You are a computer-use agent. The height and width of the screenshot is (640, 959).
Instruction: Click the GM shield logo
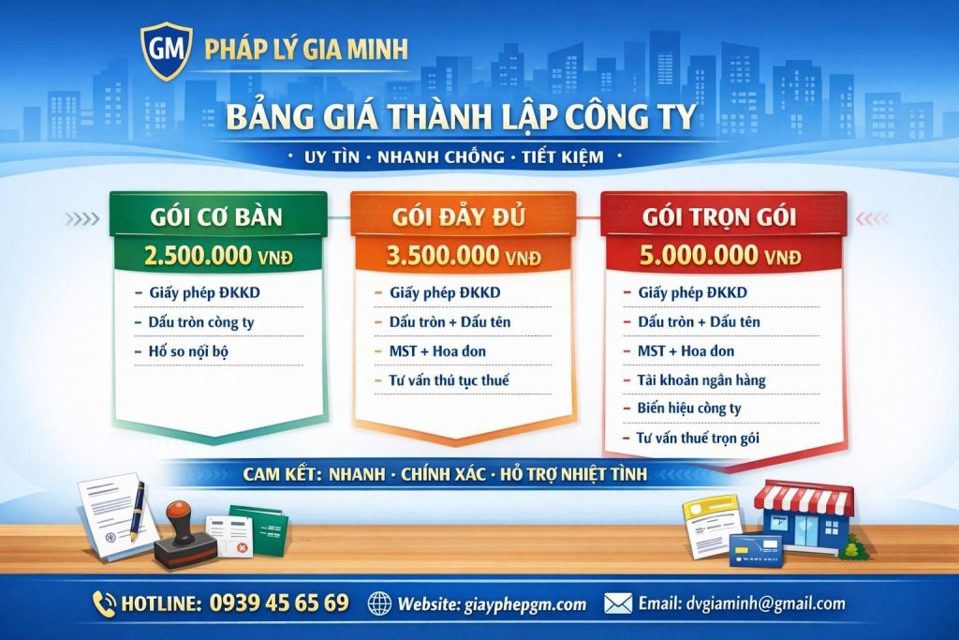pos(166,51)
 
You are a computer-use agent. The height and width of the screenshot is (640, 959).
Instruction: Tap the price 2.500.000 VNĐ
pos(218,255)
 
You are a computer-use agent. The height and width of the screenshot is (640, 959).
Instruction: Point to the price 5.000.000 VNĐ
pos(721,255)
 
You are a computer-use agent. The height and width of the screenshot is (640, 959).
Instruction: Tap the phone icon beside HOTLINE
pos(105,603)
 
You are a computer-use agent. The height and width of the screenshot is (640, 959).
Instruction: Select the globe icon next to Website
pos(379,603)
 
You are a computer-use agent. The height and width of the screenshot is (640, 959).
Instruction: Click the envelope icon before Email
pos(617,603)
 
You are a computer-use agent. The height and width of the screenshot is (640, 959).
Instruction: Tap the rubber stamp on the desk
pos(179,535)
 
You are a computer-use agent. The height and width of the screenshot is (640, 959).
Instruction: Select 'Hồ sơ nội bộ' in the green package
pos(188,351)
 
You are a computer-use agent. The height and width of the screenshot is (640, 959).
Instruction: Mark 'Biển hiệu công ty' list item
pos(689,409)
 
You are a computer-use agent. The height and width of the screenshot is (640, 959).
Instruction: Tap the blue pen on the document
pos(138,510)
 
